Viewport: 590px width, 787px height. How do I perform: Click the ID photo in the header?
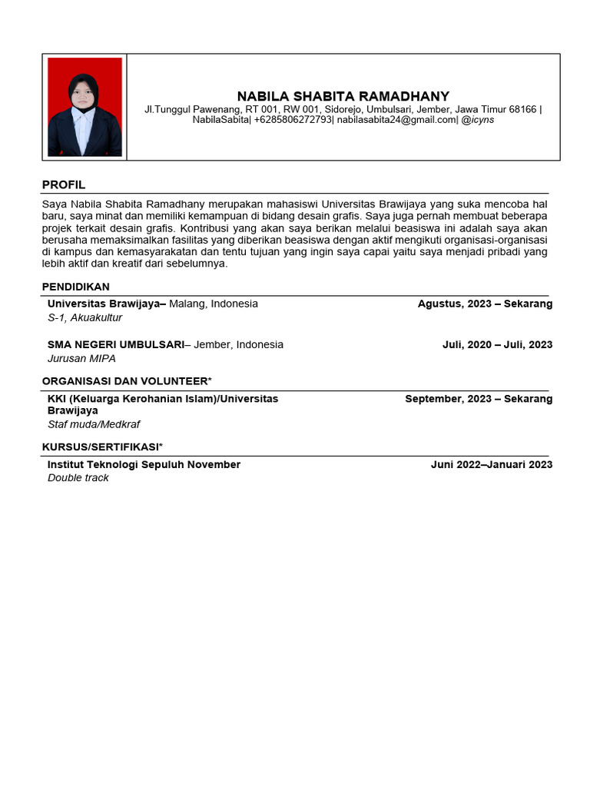pyautogui.click(x=85, y=107)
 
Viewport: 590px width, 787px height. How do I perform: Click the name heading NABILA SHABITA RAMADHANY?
pyautogui.click(x=343, y=96)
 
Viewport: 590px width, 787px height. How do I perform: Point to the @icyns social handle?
pyautogui.click(x=478, y=120)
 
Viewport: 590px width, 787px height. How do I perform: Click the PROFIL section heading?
pyautogui.click(x=64, y=185)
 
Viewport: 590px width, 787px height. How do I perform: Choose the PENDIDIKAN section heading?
pyautogui.click(x=76, y=287)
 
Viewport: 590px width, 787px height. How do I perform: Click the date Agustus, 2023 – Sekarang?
pyautogui.click(x=485, y=304)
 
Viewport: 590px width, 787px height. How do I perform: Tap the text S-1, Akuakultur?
pyautogui.click(x=85, y=317)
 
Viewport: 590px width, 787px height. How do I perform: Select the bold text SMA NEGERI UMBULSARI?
pyautogui.click(x=116, y=344)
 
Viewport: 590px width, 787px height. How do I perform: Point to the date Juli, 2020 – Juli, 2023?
pyautogui.click(x=497, y=344)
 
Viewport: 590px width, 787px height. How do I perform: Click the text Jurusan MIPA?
pyautogui.click(x=81, y=358)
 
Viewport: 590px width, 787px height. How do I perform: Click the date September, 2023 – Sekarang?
pyautogui.click(x=479, y=399)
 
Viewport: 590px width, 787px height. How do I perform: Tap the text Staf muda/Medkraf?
pyautogui.click(x=94, y=424)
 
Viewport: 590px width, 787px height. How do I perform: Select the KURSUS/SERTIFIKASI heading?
pyautogui.click(x=102, y=447)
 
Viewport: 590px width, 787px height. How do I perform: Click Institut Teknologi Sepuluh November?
pyautogui.click(x=144, y=464)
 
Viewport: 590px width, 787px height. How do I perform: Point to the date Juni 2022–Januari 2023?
pyautogui.click(x=492, y=464)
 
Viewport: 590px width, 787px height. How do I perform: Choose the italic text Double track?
pyautogui.click(x=78, y=478)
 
